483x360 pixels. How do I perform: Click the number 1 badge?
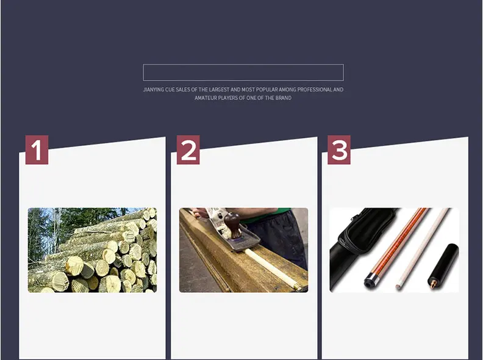(x=37, y=149)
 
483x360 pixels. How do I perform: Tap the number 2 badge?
(x=188, y=149)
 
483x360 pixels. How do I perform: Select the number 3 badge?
(x=339, y=149)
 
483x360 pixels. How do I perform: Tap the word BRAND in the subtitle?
(x=284, y=98)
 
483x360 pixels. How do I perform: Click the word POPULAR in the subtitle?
(x=267, y=90)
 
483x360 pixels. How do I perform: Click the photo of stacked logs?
(x=92, y=250)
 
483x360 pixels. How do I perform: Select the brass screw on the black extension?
(x=432, y=285)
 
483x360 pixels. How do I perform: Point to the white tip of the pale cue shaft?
(x=399, y=286)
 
